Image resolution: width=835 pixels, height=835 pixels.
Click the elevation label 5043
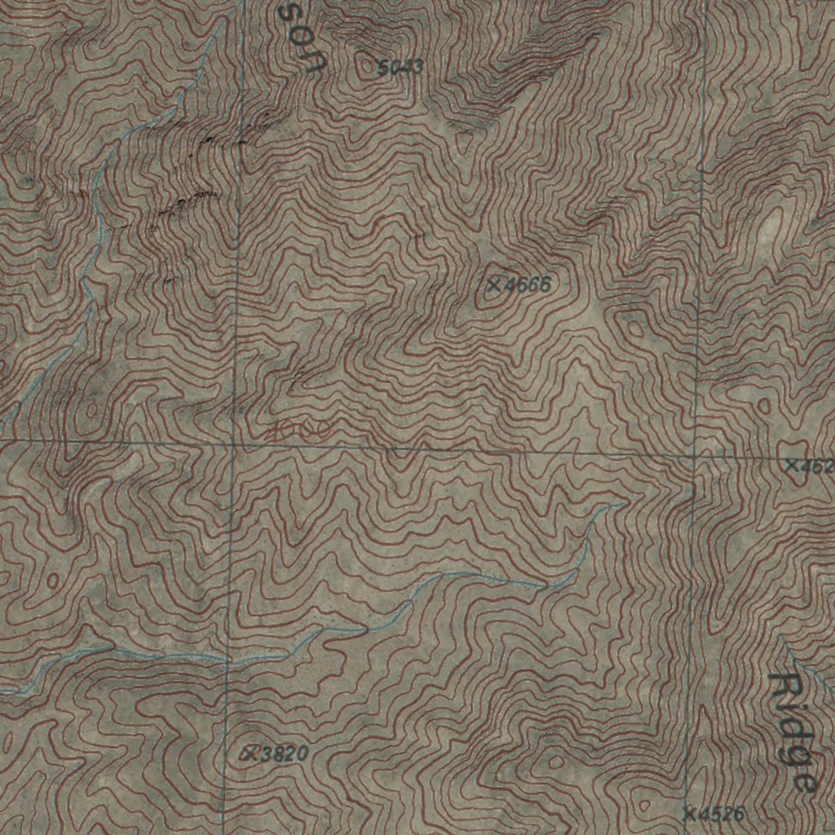[400, 68]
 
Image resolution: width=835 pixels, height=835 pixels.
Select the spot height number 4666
[528, 285]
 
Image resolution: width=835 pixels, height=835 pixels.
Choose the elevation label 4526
[722, 813]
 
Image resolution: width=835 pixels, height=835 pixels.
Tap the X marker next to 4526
[689, 813]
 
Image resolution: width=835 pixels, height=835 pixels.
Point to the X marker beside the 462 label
[791, 465]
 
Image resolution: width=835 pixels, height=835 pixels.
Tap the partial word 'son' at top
[300, 37]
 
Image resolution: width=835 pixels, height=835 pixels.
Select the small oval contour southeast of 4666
[633, 328]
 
